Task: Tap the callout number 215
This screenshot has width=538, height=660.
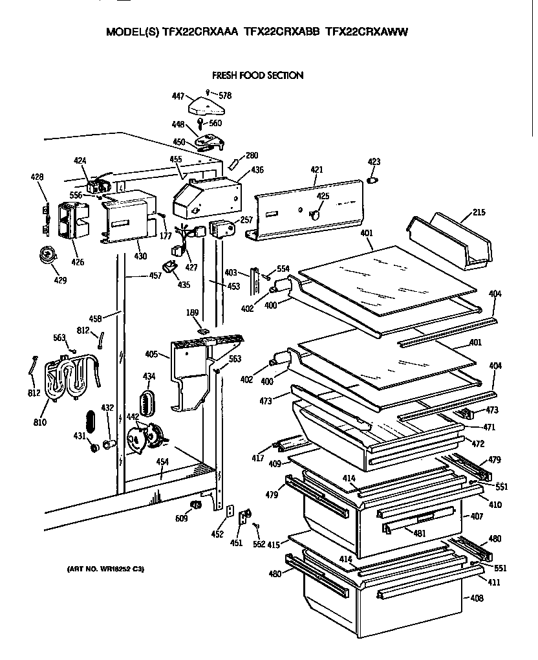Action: [478, 212]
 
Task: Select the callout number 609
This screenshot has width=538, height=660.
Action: [182, 518]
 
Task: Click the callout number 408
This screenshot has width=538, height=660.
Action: [477, 599]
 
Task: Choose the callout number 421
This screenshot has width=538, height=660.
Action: [316, 170]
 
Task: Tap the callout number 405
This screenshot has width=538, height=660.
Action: [151, 354]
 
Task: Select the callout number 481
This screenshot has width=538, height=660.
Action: [420, 533]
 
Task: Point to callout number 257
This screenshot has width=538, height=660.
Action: [246, 221]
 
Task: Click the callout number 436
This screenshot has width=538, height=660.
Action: [257, 170]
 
